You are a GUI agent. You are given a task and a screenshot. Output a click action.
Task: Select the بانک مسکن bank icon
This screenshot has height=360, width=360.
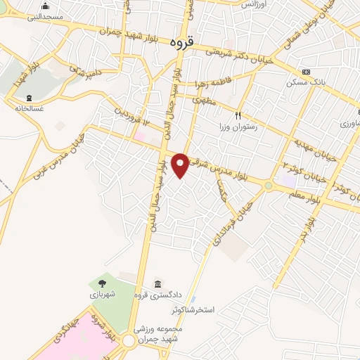(x=306, y=72)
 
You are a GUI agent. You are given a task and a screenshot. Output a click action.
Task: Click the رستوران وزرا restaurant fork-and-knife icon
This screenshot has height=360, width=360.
(x=238, y=115)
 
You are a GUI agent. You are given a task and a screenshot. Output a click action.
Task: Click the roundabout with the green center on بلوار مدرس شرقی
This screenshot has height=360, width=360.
(x=268, y=185)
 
